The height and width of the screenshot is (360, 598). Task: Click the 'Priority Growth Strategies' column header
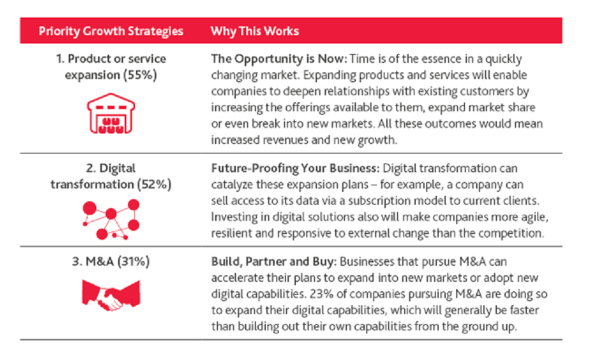(111, 31)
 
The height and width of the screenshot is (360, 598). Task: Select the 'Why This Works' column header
(255, 31)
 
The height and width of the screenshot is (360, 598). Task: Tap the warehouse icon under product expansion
(111, 114)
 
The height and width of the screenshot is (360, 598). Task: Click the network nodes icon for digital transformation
(111, 219)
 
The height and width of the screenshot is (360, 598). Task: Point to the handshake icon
(111, 295)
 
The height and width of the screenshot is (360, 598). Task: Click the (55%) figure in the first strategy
(139, 75)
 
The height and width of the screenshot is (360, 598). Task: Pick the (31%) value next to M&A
(133, 262)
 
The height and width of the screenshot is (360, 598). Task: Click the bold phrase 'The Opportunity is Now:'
(279, 59)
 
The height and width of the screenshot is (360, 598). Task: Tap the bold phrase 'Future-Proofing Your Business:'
(296, 168)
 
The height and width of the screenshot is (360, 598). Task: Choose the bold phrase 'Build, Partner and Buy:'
(274, 262)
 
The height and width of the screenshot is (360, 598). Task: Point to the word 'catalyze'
(232, 185)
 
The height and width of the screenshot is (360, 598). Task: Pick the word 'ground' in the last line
(480, 327)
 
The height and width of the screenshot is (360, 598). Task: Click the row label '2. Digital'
(111, 168)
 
